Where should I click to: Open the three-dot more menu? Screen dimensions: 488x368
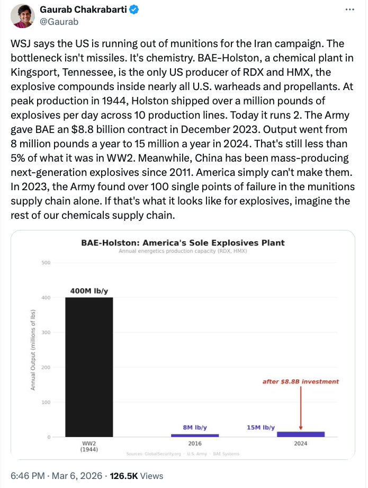pyautogui.click(x=350, y=10)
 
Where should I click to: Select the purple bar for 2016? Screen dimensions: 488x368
pyautogui.click(x=195, y=435)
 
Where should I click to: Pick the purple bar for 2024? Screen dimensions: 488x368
pyautogui.click(x=301, y=434)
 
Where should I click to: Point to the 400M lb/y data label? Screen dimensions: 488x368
pyautogui.click(x=89, y=291)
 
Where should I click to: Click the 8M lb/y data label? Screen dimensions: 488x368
pyautogui.click(x=195, y=427)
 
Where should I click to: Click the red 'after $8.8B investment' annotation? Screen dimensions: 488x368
pyautogui.click(x=301, y=381)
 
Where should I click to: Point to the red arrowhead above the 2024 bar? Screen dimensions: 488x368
pyautogui.click(x=301, y=427)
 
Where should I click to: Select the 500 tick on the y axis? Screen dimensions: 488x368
pyautogui.click(x=46, y=263)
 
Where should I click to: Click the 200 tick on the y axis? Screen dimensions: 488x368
pyautogui.click(x=46, y=367)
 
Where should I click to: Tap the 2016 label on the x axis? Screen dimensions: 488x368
pyautogui.click(x=195, y=444)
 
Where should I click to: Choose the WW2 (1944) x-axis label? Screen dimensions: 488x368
pyautogui.click(x=89, y=447)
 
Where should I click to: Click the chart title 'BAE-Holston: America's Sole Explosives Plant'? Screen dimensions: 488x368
pyautogui.click(x=183, y=243)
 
